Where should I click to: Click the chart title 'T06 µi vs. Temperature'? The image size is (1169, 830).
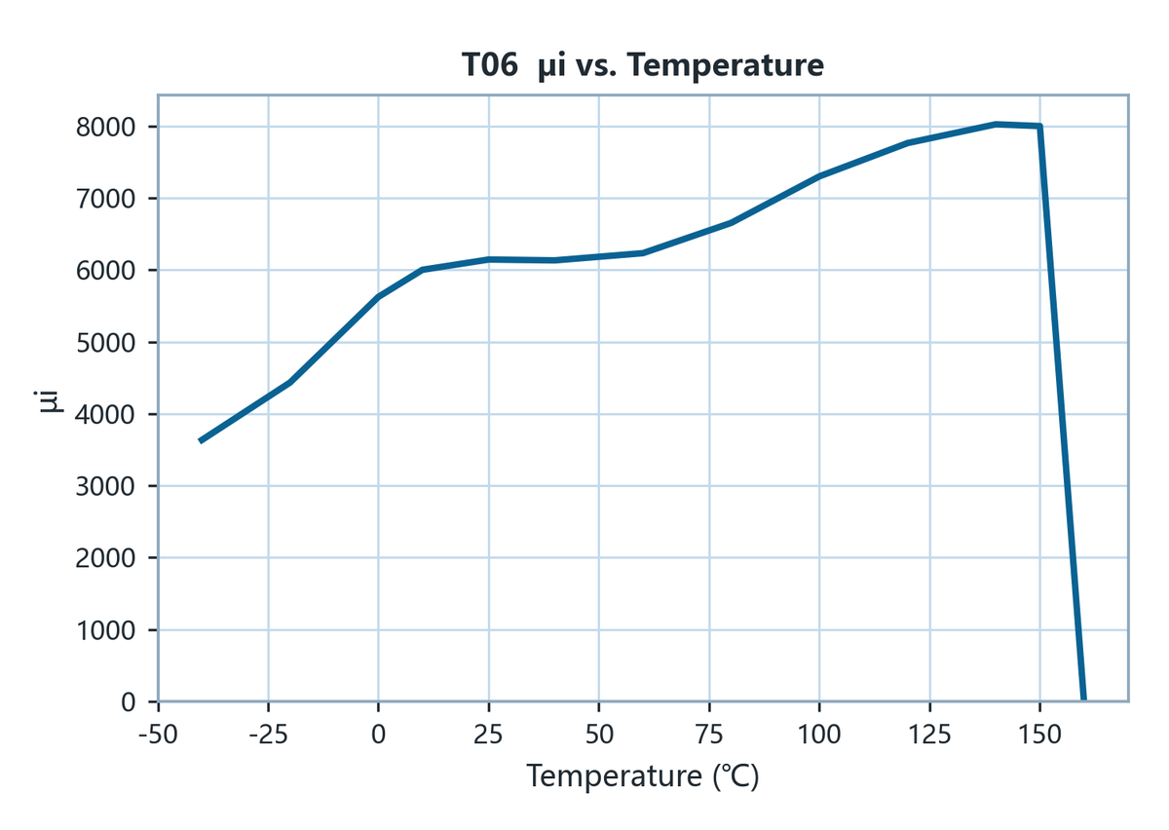[642, 66]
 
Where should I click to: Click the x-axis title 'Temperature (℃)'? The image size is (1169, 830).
[642, 775]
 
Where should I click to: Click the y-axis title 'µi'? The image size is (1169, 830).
[50, 401]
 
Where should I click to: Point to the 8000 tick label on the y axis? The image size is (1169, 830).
[105, 127]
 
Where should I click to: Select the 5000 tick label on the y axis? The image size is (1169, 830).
[105, 343]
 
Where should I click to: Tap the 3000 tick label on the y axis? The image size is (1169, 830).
[105, 486]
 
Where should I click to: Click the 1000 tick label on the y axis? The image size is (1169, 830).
[105, 630]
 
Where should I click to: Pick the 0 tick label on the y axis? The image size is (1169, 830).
[128, 702]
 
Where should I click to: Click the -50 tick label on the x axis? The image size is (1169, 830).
[158, 735]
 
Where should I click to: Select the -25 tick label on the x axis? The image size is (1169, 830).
[268, 735]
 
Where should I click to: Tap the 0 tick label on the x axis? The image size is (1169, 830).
[378, 735]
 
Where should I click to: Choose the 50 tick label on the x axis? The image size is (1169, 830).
[599, 735]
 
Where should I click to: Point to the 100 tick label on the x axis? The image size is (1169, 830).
[819, 735]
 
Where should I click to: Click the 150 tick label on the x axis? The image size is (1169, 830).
[1040, 735]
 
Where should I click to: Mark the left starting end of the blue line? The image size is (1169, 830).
[201, 441]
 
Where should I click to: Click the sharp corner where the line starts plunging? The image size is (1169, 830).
[1040, 127]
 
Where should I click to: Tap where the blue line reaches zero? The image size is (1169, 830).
[1084, 699]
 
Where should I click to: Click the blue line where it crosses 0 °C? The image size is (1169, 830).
[378, 296]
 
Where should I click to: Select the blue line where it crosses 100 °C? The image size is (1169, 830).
[819, 176]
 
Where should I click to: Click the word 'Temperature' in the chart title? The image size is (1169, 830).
[726, 66]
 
